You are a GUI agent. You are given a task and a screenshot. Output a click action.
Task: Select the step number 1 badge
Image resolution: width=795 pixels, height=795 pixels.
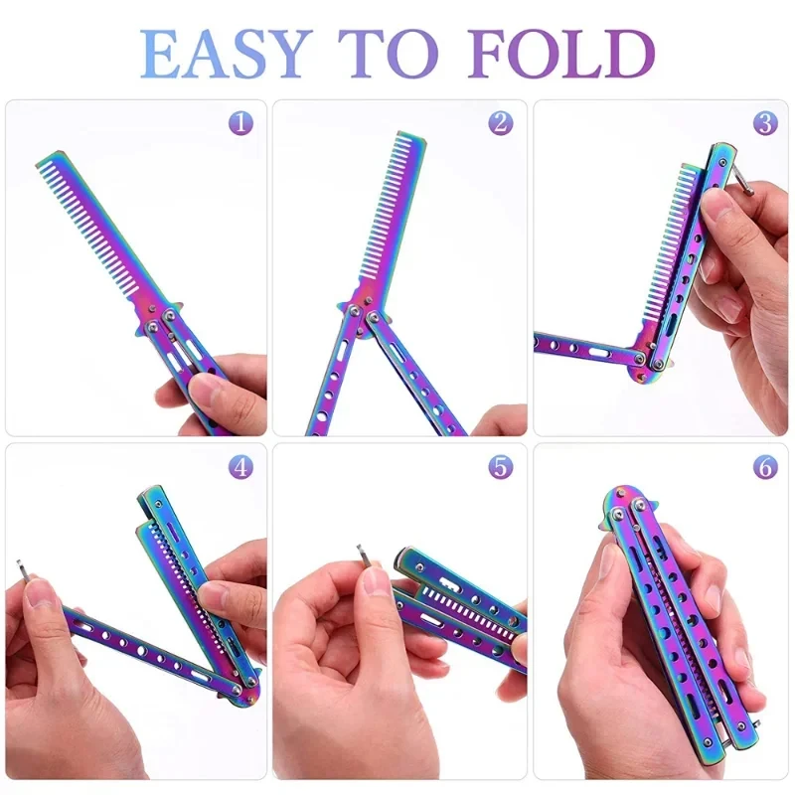point(239,123)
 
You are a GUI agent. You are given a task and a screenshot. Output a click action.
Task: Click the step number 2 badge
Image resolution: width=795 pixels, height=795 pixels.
point(500,123)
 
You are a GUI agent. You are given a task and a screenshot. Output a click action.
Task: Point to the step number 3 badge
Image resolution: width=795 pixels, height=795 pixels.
point(764,123)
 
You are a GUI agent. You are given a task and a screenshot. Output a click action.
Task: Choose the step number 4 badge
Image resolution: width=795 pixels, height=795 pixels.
point(239,466)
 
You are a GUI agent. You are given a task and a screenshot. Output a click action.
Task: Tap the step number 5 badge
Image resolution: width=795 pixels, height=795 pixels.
point(500,466)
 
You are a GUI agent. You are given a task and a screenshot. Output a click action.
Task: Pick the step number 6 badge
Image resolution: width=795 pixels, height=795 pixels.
point(764,466)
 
